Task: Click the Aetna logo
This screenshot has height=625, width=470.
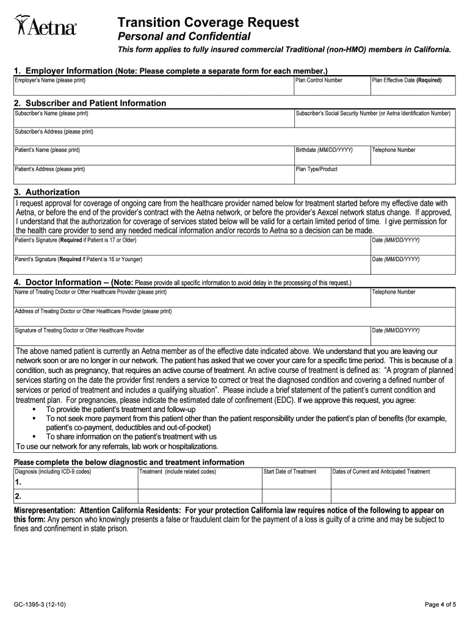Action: point(46,26)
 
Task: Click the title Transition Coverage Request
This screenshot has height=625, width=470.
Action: point(208,23)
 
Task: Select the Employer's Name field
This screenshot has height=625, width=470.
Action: point(153,86)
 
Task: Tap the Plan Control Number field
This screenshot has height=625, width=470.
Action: point(331,86)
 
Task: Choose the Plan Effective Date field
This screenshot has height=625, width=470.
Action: point(412,86)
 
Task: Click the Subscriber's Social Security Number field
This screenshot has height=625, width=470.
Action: point(374,118)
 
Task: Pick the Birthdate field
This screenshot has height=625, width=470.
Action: point(331,156)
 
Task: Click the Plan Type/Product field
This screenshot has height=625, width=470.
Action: point(374,175)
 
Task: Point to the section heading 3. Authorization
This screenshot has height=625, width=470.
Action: point(47,192)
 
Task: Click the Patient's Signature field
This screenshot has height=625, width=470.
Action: point(192,245)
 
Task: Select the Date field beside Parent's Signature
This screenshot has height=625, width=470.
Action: point(413,264)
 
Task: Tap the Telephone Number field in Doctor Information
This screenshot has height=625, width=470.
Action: point(413,297)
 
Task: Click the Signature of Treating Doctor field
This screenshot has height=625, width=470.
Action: point(192,336)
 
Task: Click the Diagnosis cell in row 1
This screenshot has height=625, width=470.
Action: point(76,482)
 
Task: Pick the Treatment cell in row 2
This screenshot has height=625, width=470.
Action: point(200,496)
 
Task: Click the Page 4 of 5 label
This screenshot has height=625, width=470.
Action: point(440,605)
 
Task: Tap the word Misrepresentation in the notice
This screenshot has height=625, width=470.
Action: point(45,510)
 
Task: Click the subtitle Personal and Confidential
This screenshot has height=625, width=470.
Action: point(184,37)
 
